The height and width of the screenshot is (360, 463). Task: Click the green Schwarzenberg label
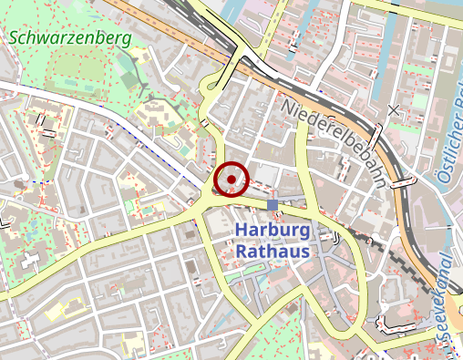click(71, 38)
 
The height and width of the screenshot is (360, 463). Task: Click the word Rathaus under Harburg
click(273, 250)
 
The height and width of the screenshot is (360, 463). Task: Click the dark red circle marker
click(231, 179)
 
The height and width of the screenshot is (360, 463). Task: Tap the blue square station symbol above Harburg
click(273, 204)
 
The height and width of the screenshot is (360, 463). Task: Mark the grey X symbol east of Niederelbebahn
click(393, 111)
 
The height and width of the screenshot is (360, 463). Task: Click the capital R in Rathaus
click(242, 250)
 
